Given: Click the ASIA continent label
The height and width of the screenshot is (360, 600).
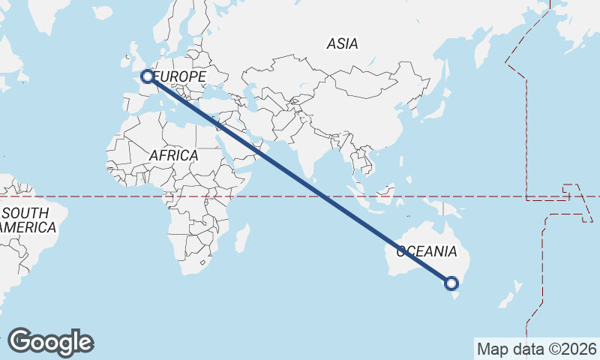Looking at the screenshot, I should pyautogui.click(x=342, y=44).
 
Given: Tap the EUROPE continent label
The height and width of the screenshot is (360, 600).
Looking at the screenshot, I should pyautogui.click(x=180, y=76).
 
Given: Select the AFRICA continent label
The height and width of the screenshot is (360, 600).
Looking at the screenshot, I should pyautogui.click(x=173, y=155).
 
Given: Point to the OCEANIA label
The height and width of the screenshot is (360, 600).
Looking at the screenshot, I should pyautogui.click(x=426, y=251).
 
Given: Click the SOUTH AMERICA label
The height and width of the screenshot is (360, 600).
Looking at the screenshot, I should pyautogui.click(x=28, y=220).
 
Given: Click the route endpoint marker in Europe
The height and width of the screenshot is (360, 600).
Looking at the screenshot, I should pyautogui.click(x=148, y=76).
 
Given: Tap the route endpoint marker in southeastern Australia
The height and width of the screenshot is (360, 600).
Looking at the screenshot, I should pyautogui.click(x=451, y=283).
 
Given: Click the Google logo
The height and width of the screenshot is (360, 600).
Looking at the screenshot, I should pyautogui.click(x=50, y=342).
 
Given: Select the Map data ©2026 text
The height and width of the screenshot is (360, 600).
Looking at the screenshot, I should pyautogui.click(x=536, y=349).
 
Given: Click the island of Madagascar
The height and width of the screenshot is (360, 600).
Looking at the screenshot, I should pyautogui.click(x=242, y=238).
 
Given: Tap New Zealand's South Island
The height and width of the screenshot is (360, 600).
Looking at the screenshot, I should pyautogui.click(x=507, y=301).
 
